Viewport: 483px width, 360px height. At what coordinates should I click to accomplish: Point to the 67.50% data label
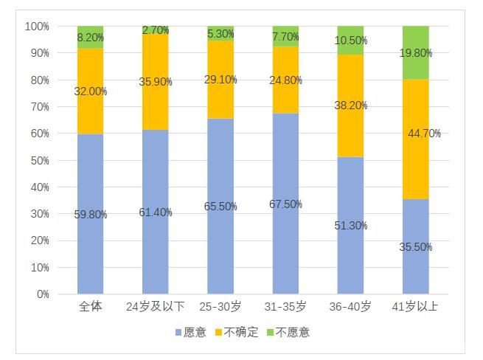click(285, 204)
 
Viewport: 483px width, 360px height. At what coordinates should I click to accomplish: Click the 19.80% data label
click(416, 52)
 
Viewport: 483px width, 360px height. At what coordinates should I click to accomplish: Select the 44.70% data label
click(423, 134)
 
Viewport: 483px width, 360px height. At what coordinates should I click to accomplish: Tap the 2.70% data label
click(156, 30)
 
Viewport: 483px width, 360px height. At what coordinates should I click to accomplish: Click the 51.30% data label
click(351, 226)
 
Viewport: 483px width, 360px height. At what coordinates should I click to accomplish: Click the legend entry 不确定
click(237, 333)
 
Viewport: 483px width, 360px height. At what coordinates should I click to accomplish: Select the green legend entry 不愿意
click(288, 333)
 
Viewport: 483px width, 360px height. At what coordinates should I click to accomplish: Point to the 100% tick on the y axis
click(37, 27)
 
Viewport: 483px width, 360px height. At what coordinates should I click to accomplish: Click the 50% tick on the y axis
click(39, 160)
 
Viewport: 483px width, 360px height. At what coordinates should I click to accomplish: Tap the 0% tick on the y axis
click(42, 294)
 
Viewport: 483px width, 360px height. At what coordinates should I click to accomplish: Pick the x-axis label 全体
click(91, 306)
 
